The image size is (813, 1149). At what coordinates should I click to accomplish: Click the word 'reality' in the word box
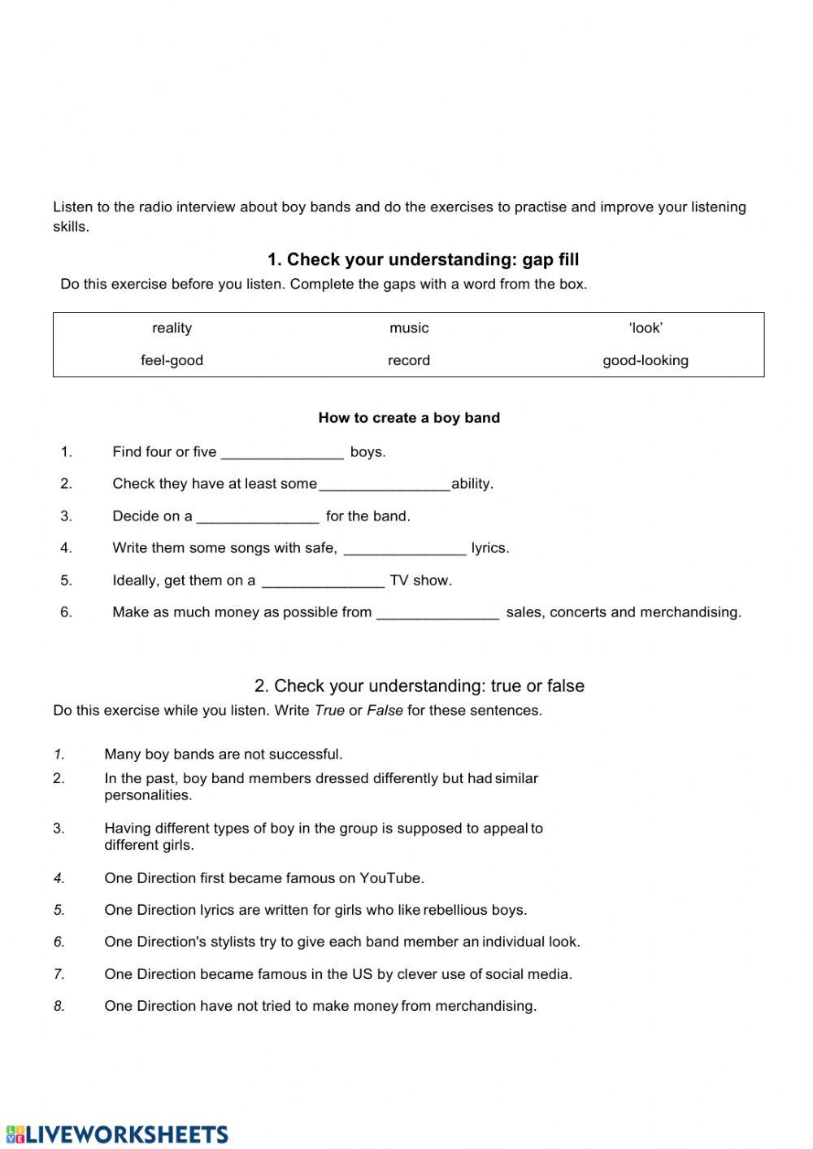(x=172, y=328)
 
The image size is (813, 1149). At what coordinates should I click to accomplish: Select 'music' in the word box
(x=409, y=328)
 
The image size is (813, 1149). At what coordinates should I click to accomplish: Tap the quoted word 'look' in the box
(x=646, y=328)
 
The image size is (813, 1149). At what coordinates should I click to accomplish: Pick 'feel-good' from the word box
(x=172, y=360)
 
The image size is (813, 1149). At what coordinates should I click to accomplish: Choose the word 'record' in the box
(x=409, y=360)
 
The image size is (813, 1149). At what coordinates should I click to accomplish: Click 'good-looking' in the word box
(x=646, y=360)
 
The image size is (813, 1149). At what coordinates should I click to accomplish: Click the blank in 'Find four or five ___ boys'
(x=282, y=453)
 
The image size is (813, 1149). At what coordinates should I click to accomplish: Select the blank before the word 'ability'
(x=385, y=485)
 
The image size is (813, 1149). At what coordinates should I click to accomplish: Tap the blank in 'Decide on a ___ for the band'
(x=258, y=517)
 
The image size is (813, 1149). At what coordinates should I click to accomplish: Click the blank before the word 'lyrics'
(x=405, y=549)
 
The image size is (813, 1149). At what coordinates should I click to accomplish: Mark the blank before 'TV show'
(x=323, y=581)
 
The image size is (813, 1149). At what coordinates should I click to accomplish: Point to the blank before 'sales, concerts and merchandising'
(x=437, y=613)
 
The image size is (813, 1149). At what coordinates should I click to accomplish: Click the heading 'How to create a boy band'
(x=409, y=418)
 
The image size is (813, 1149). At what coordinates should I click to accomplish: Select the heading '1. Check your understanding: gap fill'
(x=423, y=260)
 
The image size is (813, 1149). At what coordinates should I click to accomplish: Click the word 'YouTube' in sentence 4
(x=390, y=878)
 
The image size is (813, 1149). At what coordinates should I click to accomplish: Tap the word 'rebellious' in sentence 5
(x=460, y=910)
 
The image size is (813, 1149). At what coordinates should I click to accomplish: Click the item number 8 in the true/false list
(x=59, y=1006)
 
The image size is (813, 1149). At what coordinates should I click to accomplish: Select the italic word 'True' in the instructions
(x=329, y=711)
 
